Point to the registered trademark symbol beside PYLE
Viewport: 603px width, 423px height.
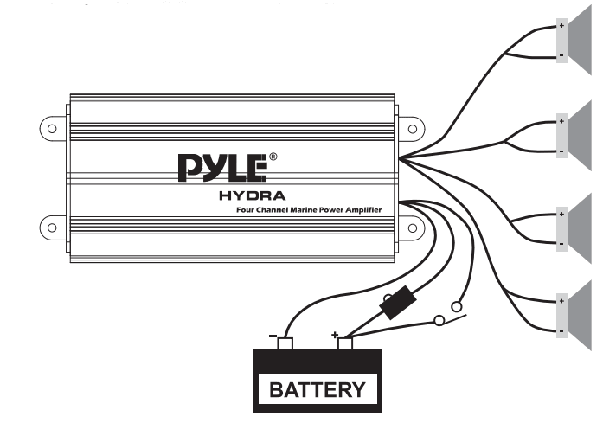pyautogui.click(x=273, y=157)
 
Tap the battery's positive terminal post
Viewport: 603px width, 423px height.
pyautogui.click(x=345, y=343)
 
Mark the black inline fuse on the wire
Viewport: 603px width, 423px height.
pyautogui.click(x=398, y=306)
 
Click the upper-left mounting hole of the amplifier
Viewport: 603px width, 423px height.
pyautogui.click(x=52, y=128)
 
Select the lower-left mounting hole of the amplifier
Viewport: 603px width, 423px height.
pyautogui.click(x=52, y=228)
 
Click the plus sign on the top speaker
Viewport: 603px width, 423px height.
pyautogui.click(x=561, y=26)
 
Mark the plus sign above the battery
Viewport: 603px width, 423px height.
pyautogui.click(x=335, y=332)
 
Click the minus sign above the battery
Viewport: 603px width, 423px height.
pyautogui.click(x=272, y=334)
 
